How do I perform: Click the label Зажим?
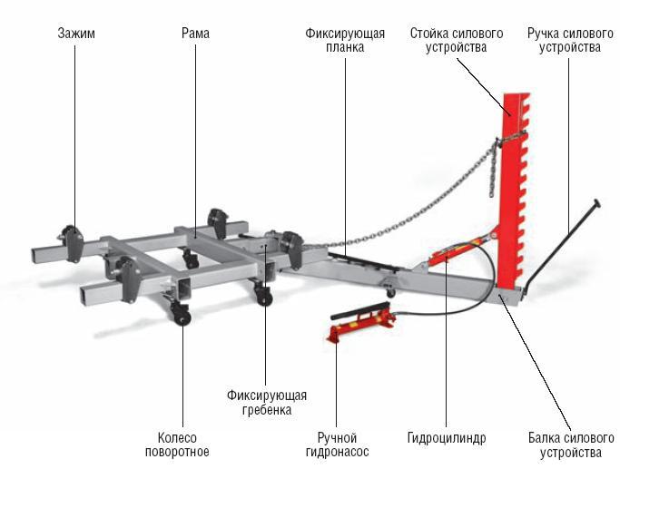point(75,34)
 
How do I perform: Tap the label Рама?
point(194,34)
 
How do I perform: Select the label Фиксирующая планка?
point(344,40)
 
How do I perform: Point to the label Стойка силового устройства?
point(455,40)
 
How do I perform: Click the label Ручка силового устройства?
point(569,40)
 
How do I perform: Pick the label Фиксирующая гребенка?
point(266,402)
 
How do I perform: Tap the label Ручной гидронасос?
point(336,444)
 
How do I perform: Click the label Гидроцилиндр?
point(447,438)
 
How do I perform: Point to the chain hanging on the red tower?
point(495,163)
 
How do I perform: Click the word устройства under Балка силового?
point(570,452)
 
